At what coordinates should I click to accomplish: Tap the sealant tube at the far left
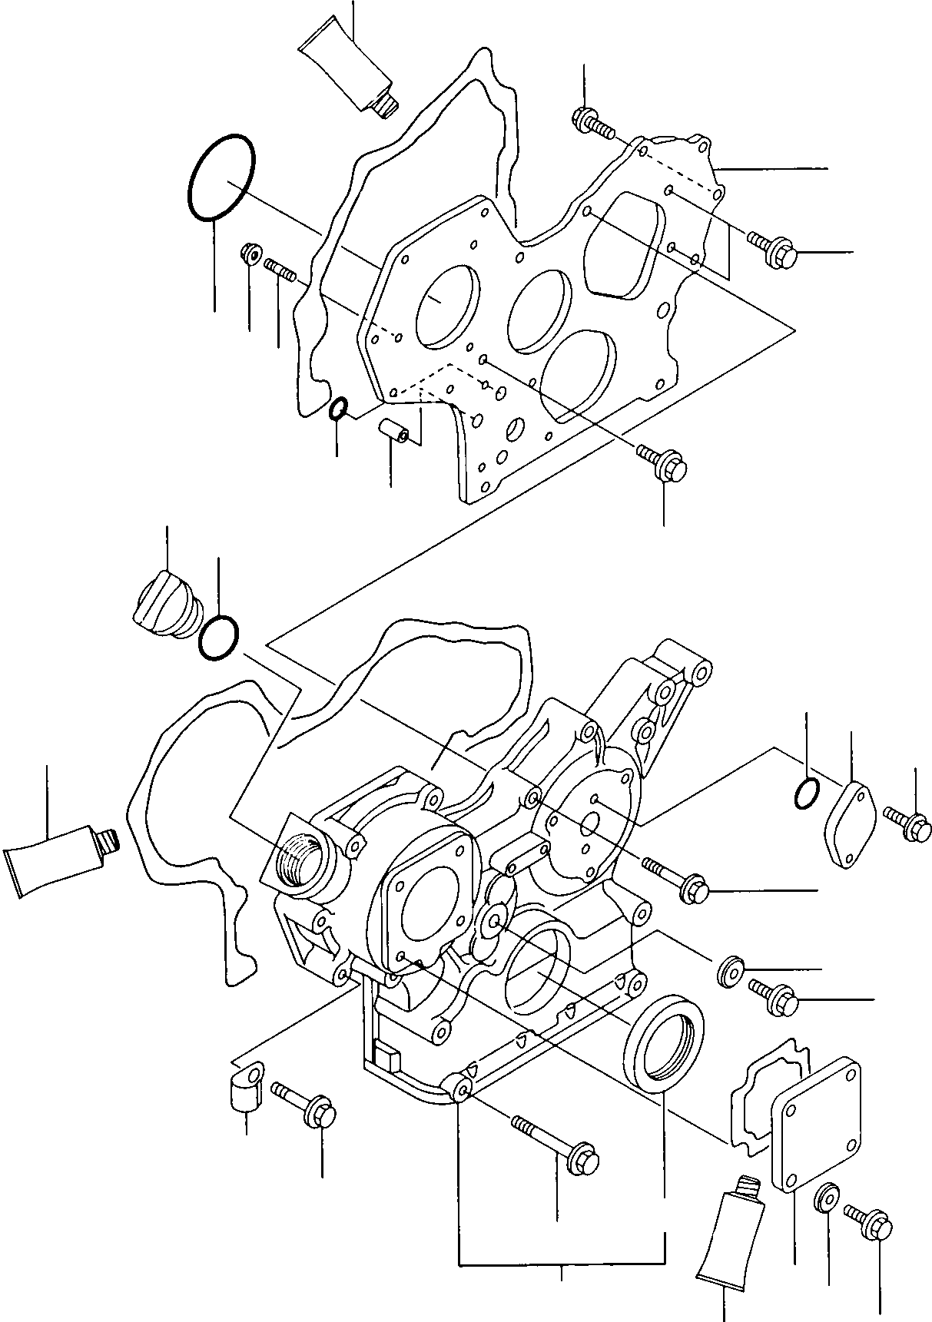[55, 860]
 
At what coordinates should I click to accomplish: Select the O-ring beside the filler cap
[219, 637]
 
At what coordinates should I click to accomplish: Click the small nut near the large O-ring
[250, 252]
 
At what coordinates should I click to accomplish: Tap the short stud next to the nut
[280, 270]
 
